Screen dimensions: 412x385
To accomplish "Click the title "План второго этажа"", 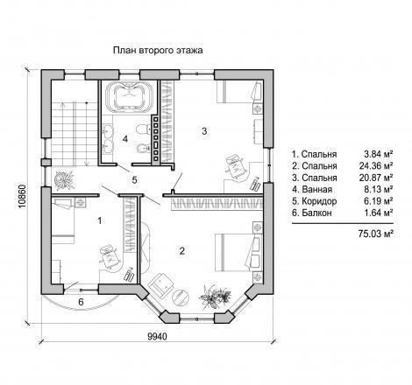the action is pyautogui.click(x=158, y=51).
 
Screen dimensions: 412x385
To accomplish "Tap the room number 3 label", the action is pyautogui.click(x=204, y=131).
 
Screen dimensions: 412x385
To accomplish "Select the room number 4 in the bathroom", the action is pyautogui.click(x=125, y=139).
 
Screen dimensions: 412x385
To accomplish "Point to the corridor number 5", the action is pyautogui.click(x=134, y=180).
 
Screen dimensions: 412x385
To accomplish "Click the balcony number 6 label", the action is pyautogui.click(x=81, y=302).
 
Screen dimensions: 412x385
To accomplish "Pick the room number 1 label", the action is pyautogui.click(x=100, y=220).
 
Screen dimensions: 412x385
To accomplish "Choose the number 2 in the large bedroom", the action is pyautogui.click(x=182, y=251).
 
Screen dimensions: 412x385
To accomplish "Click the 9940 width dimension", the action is pyautogui.click(x=157, y=337).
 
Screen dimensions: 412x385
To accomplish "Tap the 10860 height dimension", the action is pyautogui.click(x=23, y=196).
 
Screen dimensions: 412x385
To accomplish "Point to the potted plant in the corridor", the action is pyautogui.click(x=64, y=179).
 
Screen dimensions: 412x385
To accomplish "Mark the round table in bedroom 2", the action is pyautogui.click(x=181, y=297).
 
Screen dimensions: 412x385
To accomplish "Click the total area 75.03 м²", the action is pyautogui.click(x=375, y=234).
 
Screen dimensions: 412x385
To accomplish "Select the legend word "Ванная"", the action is pyautogui.click(x=317, y=190).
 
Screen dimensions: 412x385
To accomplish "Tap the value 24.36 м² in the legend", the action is pyautogui.click(x=375, y=166).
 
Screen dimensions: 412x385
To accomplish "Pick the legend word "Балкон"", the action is pyautogui.click(x=316, y=213).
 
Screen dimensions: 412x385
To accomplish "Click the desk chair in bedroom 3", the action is pyautogui.click(x=235, y=166).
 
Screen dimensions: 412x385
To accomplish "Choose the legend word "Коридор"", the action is pyautogui.click(x=319, y=201).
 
